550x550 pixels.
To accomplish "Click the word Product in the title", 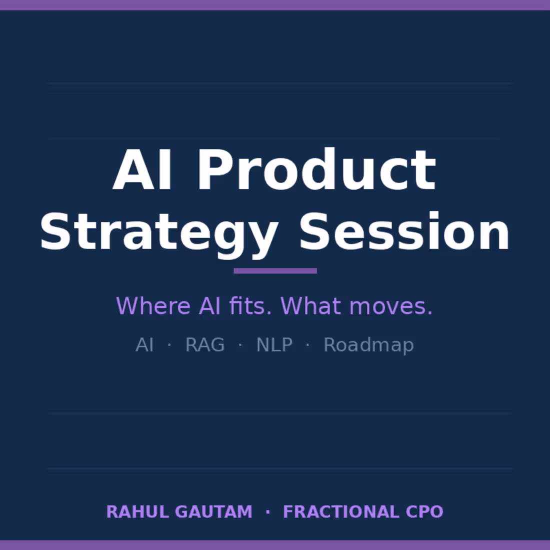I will click(317, 170).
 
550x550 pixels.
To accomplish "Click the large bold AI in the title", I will click(143, 170).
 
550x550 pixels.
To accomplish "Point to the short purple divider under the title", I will click(275, 271).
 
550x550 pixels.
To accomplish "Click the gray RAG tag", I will click(205, 345).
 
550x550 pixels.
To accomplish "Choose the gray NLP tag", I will click(274, 345).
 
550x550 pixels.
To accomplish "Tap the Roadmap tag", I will click(368, 345).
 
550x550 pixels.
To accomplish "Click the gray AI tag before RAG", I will click(144, 345).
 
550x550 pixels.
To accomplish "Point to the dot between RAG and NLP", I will click(240, 345).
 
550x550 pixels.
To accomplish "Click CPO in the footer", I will click(424, 512).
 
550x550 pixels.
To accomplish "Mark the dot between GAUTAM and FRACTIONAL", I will click(268, 512).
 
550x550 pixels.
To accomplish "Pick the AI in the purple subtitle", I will click(209, 306).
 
